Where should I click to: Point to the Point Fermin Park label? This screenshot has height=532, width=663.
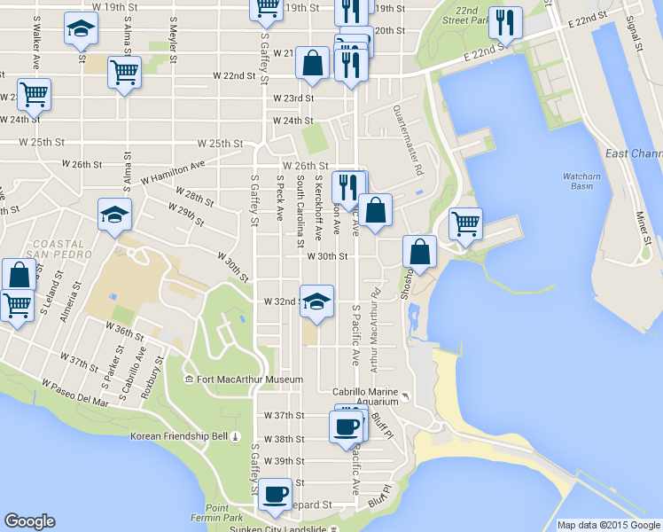tap(216, 511)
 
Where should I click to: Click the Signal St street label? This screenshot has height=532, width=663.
tap(633, 33)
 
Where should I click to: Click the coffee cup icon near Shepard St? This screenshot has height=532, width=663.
tap(275, 492)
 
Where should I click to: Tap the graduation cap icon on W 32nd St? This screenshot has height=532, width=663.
tap(316, 301)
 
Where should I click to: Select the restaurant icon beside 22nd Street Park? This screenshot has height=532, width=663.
tap(505, 21)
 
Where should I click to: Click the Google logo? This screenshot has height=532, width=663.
tap(29, 521)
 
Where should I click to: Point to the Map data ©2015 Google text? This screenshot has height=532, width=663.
tap(608, 525)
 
